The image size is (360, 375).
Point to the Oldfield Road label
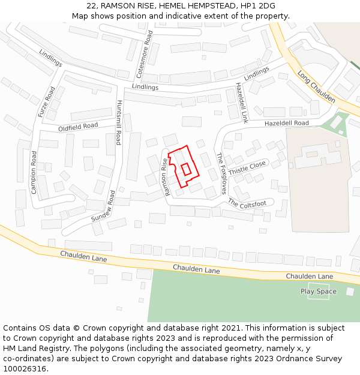coord(78,127)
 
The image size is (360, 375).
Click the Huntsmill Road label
coord(119,122)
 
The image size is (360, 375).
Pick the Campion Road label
coord(34,173)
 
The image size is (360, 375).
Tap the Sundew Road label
coord(103,208)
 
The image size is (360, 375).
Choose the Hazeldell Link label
coord(241,102)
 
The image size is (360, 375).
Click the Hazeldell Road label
coord(286,123)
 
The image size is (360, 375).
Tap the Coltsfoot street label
coord(247,205)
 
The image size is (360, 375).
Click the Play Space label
coord(319,292)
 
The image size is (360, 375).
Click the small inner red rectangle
coord(186,169)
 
